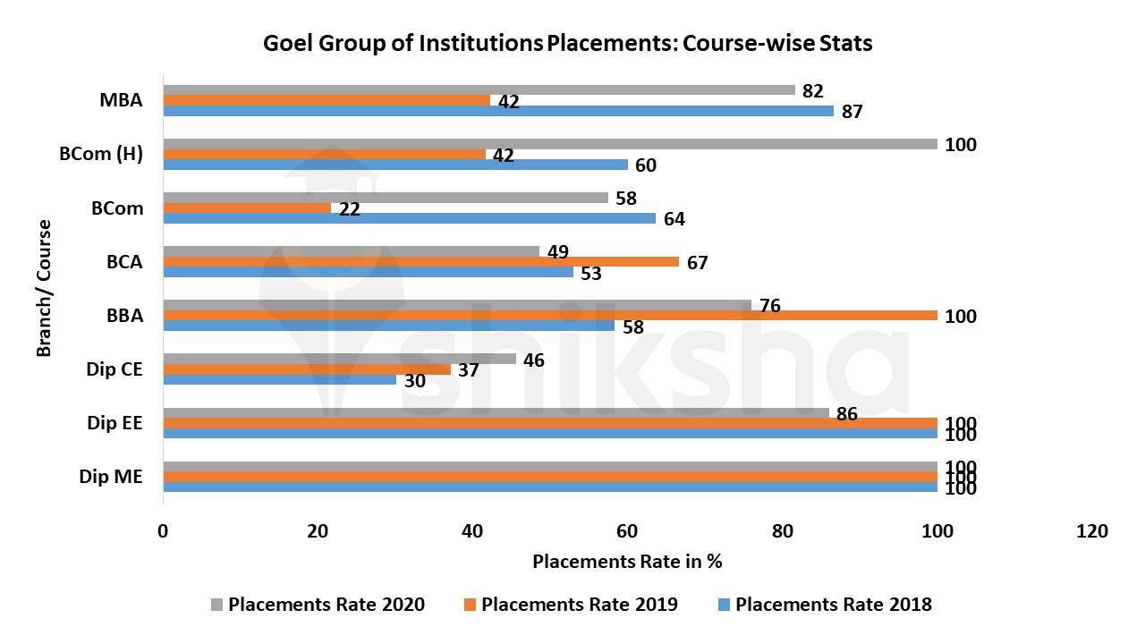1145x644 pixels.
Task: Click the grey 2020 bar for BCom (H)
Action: coord(549,144)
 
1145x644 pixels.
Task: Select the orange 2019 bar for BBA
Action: coord(549,316)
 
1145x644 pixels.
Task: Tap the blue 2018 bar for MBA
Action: coord(497,111)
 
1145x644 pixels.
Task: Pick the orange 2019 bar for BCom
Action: coord(247,208)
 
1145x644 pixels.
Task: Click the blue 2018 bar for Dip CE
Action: coord(279,379)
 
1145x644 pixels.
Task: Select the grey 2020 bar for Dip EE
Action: coord(496,413)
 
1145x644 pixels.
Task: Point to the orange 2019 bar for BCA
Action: coord(420,261)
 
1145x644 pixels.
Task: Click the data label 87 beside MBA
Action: coord(852,112)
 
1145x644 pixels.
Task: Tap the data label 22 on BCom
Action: coord(350,209)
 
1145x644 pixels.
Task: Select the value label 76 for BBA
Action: coord(769,306)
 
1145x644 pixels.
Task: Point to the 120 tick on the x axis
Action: coord(1092,531)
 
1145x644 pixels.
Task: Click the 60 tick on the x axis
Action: coord(627,531)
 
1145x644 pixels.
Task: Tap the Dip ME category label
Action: coord(111,477)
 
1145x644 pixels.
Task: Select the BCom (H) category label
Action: coord(101,154)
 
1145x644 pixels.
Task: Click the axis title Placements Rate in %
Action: coord(627,562)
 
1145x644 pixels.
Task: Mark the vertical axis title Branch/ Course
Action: coord(44,288)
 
